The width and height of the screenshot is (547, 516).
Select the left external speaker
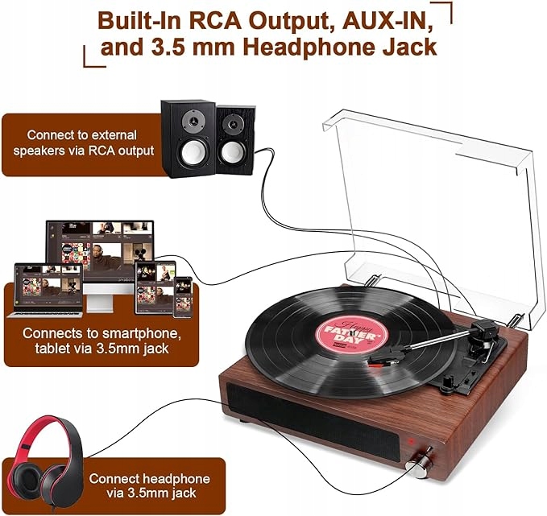click(x=188, y=138)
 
